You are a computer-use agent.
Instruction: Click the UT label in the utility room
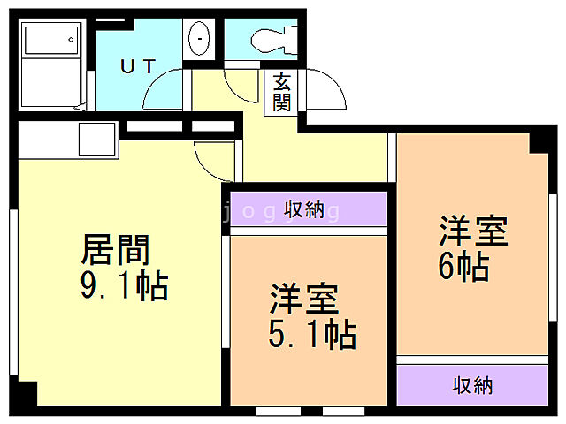(139, 65)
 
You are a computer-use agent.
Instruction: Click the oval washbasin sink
(201, 39)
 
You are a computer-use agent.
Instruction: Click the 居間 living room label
(115, 251)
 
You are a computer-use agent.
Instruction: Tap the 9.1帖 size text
(123, 287)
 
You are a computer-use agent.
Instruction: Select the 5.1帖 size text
(312, 336)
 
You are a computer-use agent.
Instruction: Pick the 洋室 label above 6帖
(474, 231)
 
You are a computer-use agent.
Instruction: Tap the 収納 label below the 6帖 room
(472, 385)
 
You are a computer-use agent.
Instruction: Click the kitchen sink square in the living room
(96, 140)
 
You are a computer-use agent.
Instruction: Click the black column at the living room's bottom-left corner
(27, 394)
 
